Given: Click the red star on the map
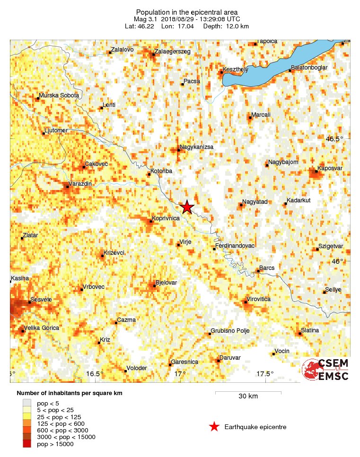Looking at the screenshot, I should (x=187, y=207).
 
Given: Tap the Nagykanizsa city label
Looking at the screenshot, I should (x=196, y=147).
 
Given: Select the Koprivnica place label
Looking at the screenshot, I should (x=166, y=219).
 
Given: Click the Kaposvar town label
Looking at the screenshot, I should (x=330, y=168).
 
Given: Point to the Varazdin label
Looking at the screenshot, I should (x=80, y=183).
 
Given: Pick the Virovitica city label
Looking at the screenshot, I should (x=261, y=299).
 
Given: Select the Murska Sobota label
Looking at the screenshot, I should (x=59, y=95).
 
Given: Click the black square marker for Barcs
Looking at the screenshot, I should (x=257, y=271).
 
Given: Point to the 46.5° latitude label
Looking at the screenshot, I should (x=335, y=139).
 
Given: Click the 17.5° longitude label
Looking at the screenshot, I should (x=266, y=374).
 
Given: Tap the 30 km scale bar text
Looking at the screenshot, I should (x=248, y=397).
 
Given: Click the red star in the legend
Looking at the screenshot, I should (x=214, y=427).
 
